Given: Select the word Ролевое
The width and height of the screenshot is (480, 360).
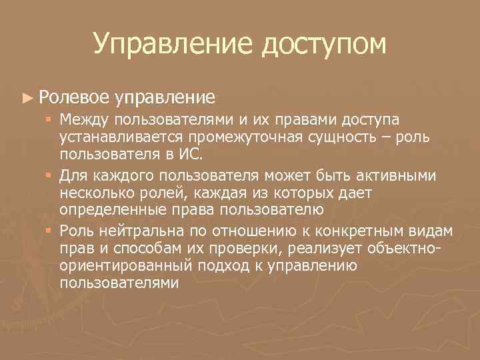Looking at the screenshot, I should point(74,98).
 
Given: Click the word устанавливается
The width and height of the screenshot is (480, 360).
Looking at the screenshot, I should point(121,137).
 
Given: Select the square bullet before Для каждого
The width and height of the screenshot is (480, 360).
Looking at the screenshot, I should point(49,175).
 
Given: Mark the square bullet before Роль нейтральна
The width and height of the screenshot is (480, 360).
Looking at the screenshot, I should point(49,231).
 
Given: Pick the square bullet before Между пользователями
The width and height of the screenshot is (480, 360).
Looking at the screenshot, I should point(49,120).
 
